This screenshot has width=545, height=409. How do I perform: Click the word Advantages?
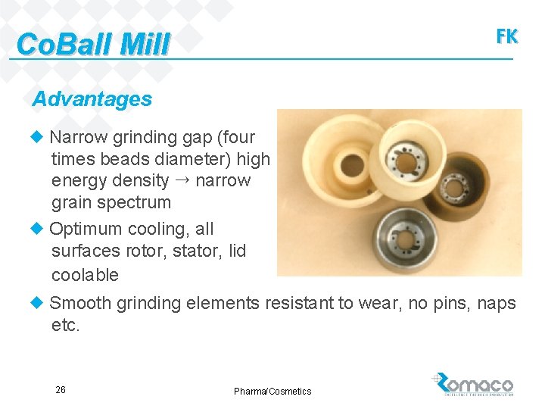(x=92, y=99)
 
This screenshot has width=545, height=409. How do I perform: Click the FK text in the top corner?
(x=506, y=36)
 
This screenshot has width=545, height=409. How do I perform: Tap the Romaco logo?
(x=474, y=385)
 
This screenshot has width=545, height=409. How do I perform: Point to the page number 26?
(x=61, y=390)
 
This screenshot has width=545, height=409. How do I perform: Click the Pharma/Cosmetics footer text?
(x=272, y=391)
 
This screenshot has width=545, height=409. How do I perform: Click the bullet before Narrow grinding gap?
(x=37, y=137)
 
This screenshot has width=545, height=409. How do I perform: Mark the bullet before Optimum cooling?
(x=37, y=229)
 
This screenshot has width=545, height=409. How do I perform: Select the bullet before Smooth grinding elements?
(x=37, y=303)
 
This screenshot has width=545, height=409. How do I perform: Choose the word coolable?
(x=85, y=274)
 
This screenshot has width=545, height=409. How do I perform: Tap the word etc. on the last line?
(x=65, y=326)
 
